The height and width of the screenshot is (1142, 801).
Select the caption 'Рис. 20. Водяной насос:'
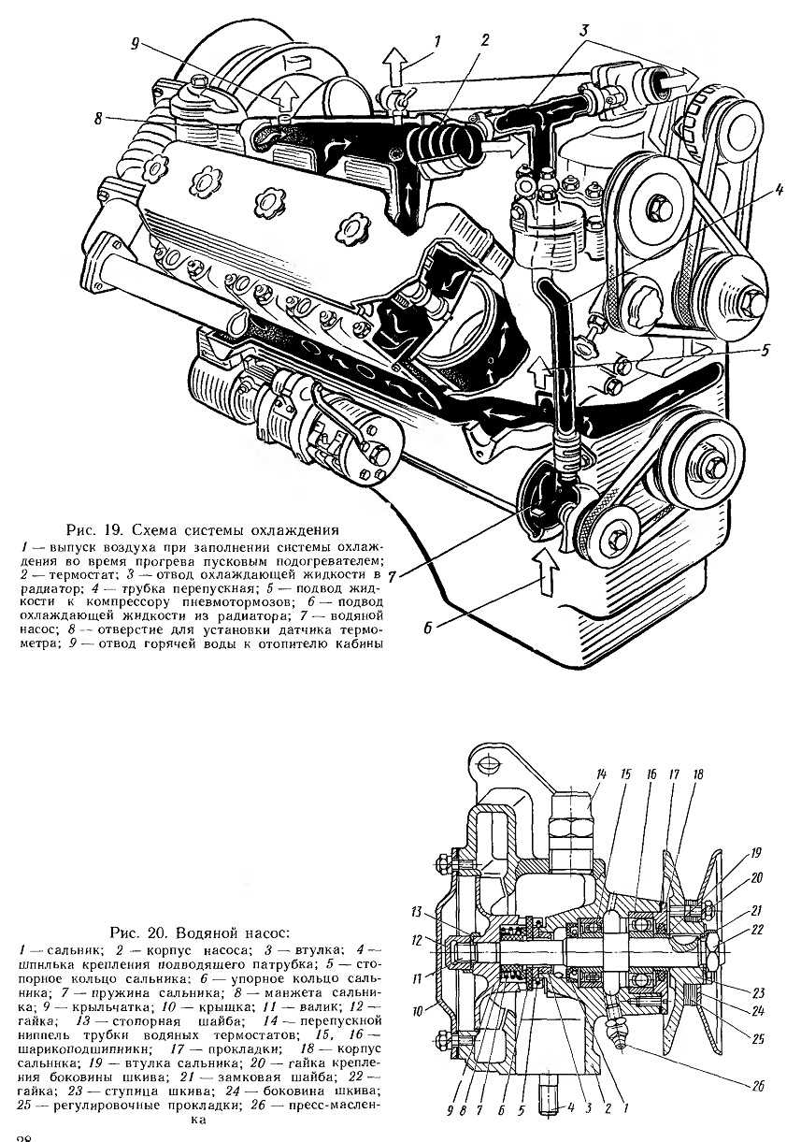[x=200, y=932]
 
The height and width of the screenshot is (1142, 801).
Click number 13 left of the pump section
[x=416, y=910]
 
